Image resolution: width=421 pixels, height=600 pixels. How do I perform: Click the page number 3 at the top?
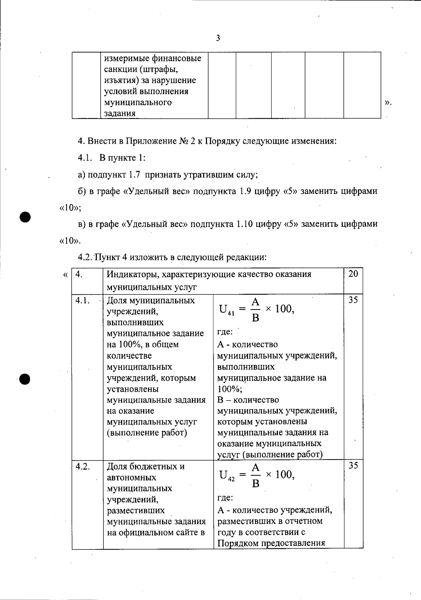click(218, 38)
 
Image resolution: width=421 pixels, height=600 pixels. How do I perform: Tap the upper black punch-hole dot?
click(26, 216)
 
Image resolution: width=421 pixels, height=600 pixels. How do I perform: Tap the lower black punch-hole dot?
click(26, 379)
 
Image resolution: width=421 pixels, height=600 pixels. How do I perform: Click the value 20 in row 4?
click(353, 274)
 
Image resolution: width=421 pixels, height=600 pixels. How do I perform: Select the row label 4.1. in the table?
click(83, 301)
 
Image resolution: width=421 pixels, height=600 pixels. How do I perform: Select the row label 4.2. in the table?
click(83, 467)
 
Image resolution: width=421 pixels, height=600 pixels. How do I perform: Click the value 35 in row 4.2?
click(353, 465)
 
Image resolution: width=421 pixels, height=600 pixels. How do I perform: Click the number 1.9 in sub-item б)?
click(244, 191)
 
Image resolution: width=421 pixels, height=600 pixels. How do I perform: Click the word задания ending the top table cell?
click(120, 114)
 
